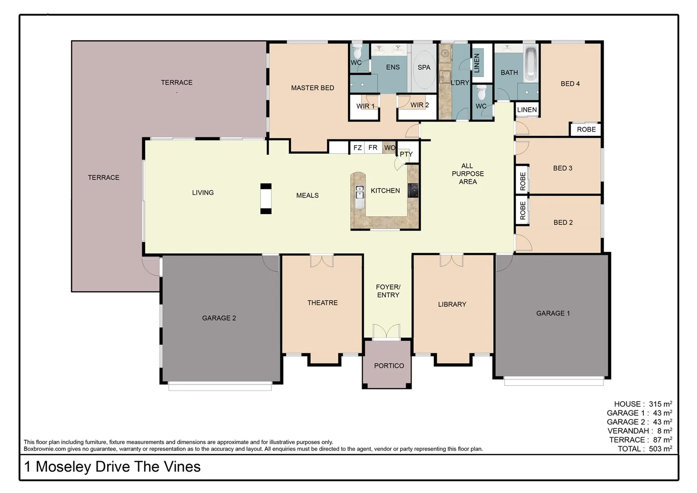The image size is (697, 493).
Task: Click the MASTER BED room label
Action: tap(312, 88)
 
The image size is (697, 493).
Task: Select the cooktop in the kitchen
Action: tap(413, 190)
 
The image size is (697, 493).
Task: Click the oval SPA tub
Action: tap(424, 68)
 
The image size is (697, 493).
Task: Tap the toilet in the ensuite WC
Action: tap(357, 52)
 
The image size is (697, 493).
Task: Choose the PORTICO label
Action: tap(389, 366)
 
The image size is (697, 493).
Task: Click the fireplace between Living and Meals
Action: tap(265, 199)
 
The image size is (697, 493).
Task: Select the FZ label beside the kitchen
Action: tap(358, 147)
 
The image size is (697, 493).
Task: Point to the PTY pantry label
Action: tap(406, 154)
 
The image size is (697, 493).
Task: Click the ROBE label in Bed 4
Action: tap(586, 129)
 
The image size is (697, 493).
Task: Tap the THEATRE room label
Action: tap(322, 303)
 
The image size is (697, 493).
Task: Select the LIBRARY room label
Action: tap(452, 304)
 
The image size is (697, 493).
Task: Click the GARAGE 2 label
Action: tap(219, 318)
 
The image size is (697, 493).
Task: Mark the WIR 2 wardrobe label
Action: tap(419, 105)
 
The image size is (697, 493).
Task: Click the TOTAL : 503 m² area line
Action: tap(645, 449)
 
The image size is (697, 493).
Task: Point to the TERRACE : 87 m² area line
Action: tap(640, 440)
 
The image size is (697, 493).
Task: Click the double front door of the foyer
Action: tap(386, 332)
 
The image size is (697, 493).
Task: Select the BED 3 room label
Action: tap(562, 168)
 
